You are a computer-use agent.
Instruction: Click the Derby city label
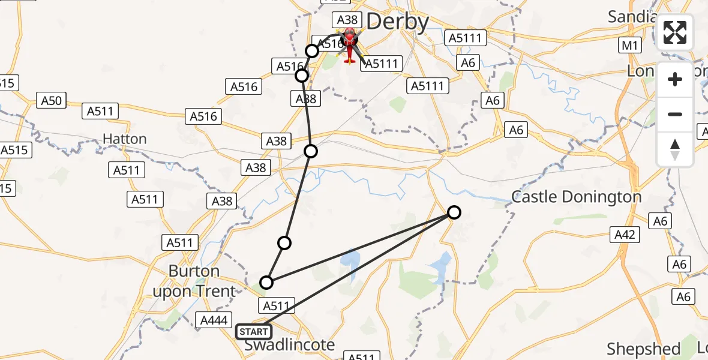click(397, 22)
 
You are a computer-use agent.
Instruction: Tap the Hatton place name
click(125, 139)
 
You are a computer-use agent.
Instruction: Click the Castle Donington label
click(576, 197)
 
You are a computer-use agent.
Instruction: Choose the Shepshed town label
click(643, 349)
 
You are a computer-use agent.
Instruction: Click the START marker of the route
click(254, 331)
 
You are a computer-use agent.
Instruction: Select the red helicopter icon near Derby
click(349, 45)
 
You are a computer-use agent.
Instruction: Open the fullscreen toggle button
click(675, 32)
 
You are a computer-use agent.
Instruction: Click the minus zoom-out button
click(675, 114)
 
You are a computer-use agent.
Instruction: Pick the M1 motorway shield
click(631, 46)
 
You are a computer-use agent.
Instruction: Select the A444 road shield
click(213, 321)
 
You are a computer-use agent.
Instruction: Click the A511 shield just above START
click(277, 306)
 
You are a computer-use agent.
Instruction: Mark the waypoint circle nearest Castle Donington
click(454, 212)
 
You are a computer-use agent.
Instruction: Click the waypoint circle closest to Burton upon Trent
click(266, 282)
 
